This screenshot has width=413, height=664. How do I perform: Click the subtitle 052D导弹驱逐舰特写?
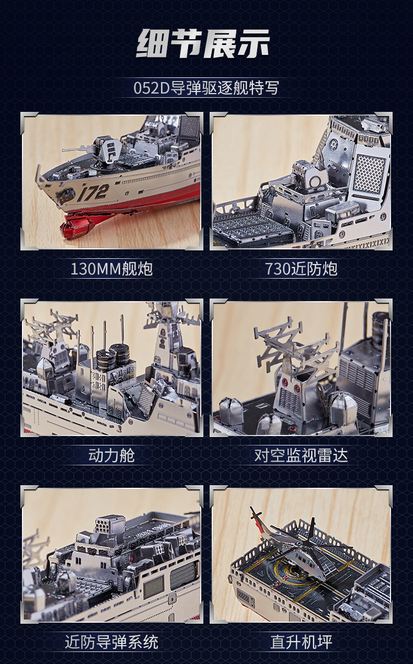click(206, 87)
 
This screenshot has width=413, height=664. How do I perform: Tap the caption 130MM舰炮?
click(111, 269)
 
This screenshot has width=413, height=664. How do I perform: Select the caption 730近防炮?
click(301, 269)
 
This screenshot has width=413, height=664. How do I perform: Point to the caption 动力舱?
click(111, 455)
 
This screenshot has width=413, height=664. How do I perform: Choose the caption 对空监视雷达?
click(301, 455)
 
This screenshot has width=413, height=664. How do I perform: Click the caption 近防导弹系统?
click(111, 642)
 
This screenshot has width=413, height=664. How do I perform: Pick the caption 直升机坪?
click(301, 642)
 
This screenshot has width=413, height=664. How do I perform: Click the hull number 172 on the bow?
click(94, 192)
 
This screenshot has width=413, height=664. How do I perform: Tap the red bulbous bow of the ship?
click(76, 226)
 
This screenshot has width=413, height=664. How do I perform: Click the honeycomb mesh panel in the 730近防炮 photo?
click(369, 173)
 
